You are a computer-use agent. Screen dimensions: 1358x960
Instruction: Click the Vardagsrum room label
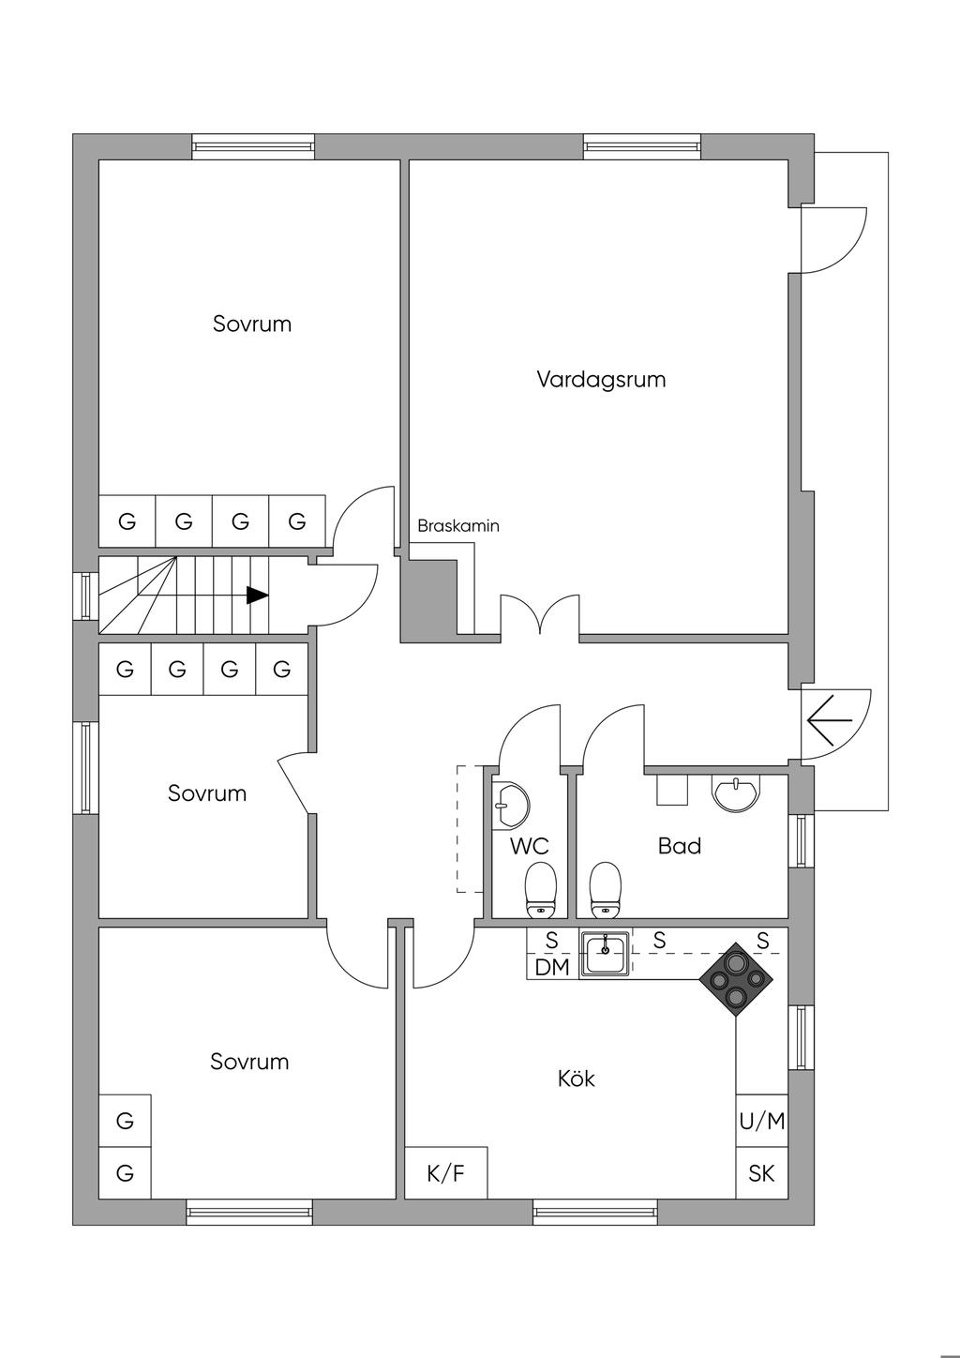click(601, 380)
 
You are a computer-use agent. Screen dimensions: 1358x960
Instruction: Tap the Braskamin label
click(458, 526)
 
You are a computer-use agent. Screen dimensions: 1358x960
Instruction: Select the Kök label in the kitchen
click(576, 1079)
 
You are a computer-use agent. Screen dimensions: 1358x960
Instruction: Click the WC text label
click(529, 846)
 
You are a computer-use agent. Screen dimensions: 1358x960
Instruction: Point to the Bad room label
click(680, 846)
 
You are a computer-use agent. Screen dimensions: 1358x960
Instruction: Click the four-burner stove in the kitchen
click(736, 980)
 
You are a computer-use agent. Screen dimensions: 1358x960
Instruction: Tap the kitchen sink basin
click(605, 955)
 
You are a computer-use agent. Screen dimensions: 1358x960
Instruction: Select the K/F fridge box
click(445, 1172)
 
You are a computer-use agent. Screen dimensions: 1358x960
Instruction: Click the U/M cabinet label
click(761, 1121)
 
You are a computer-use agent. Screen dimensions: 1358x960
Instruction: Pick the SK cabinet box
click(761, 1172)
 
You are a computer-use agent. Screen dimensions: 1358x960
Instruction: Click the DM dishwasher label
click(552, 967)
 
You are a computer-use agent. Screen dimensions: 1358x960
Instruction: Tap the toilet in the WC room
click(540, 889)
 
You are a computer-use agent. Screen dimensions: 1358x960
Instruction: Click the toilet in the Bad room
click(606, 889)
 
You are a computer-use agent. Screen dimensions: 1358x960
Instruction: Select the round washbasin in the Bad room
click(738, 792)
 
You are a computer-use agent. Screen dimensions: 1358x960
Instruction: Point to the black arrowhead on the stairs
click(257, 595)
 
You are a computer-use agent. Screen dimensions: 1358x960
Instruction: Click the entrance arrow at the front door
click(829, 720)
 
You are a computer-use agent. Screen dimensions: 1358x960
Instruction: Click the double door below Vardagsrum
click(539, 617)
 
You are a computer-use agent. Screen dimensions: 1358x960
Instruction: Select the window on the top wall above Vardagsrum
click(642, 146)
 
